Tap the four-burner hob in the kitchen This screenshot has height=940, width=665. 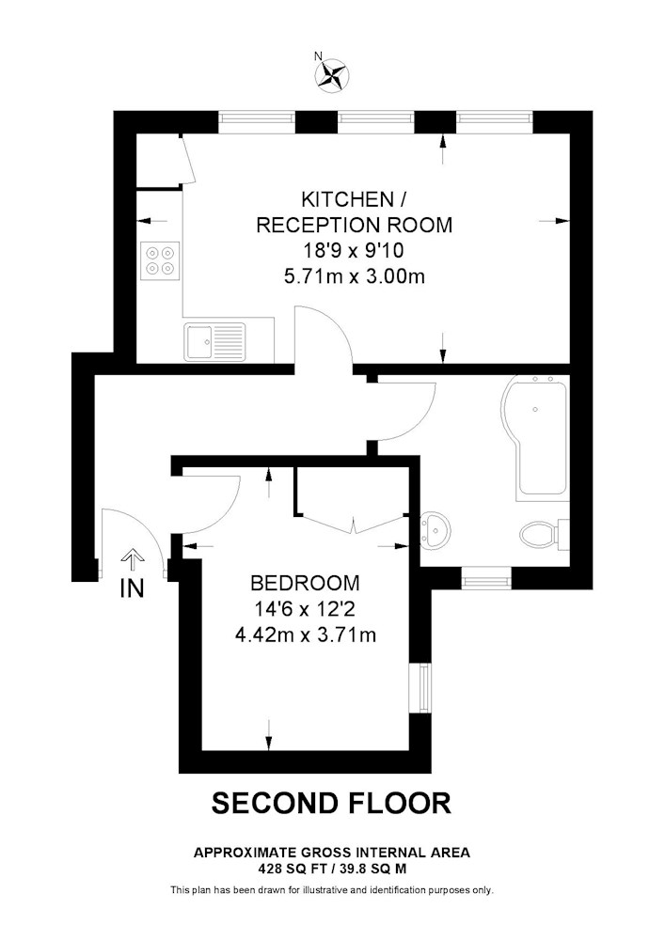161,260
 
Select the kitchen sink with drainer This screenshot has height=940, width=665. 215,342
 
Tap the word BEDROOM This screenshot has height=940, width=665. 305,582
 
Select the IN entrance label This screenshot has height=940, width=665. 133,588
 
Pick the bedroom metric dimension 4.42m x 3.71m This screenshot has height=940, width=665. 306,634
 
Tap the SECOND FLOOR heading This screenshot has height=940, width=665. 331,803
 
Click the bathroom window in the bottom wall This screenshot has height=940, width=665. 486,579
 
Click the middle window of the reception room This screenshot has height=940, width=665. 376,122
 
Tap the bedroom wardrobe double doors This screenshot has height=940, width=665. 355,524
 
